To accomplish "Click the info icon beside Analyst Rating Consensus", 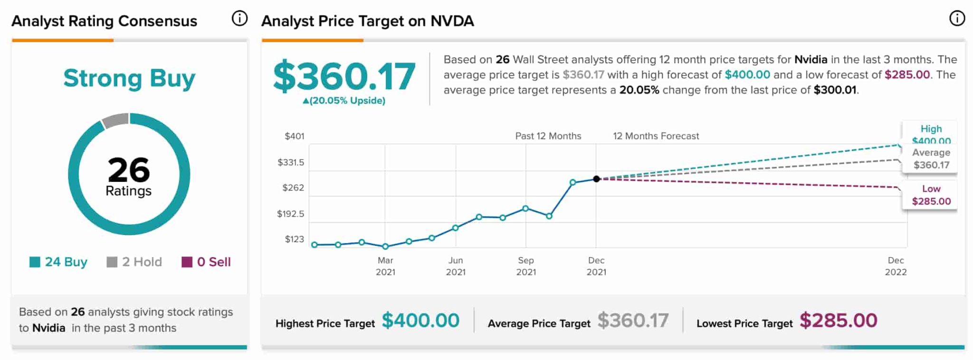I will (x=239, y=19).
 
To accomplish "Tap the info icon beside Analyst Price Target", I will (x=957, y=19).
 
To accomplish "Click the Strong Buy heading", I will (x=129, y=78).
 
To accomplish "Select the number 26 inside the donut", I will (x=129, y=170).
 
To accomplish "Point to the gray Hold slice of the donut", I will (x=115, y=121).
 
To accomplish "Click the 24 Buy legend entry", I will (x=58, y=262).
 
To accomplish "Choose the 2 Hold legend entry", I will (x=134, y=262).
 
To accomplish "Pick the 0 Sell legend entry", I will (x=206, y=262).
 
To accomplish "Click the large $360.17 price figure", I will (x=344, y=76).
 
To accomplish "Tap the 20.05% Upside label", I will (x=344, y=101).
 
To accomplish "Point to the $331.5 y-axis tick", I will (x=291, y=162).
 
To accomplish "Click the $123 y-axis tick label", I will (x=294, y=239).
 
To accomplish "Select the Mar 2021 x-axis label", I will (x=385, y=266).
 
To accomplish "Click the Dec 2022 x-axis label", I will (x=896, y=266).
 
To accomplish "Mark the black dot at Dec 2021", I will (x=596, y=179).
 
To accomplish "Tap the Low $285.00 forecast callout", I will (x=931, y=195).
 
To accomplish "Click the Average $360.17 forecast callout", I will (x=931, y=159).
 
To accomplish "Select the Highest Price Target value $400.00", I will (x=420, y=321).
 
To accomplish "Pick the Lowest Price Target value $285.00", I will (x=838, y=321).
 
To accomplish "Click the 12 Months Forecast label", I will (x=656, y=136).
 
